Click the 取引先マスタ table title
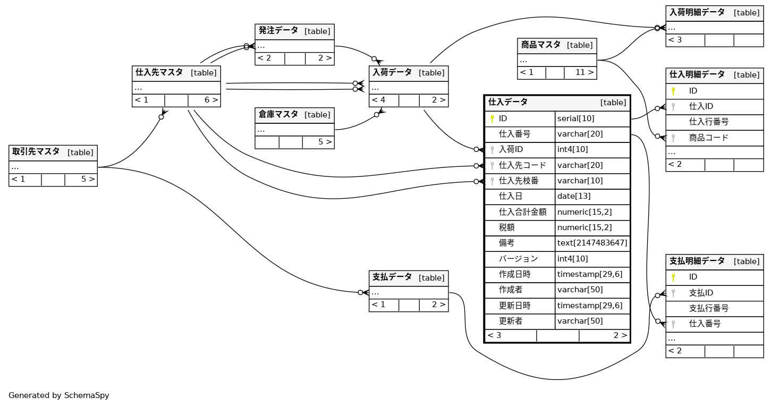coord(36,152)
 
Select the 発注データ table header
coord(278,31)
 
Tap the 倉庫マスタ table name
coord(278,114)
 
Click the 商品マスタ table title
coord(541,45)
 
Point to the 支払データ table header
coord(392,277)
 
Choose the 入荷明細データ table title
coord(697,12)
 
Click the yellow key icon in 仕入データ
coord(492,119)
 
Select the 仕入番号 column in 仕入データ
coord(514,134)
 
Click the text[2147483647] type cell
coord(592,243)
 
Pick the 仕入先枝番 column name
coord(519,181)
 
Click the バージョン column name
coord(518,259)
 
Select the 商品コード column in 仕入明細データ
coord(708,138)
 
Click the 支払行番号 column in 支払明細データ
coord(708,308)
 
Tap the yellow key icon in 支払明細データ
coord(673,277)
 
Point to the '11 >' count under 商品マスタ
coord(584,72)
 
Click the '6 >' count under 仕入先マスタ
coord(211,100)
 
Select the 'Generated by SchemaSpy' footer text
coord(58,395)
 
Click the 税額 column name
coord(506,227)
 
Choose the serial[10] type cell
coord(576,119)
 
